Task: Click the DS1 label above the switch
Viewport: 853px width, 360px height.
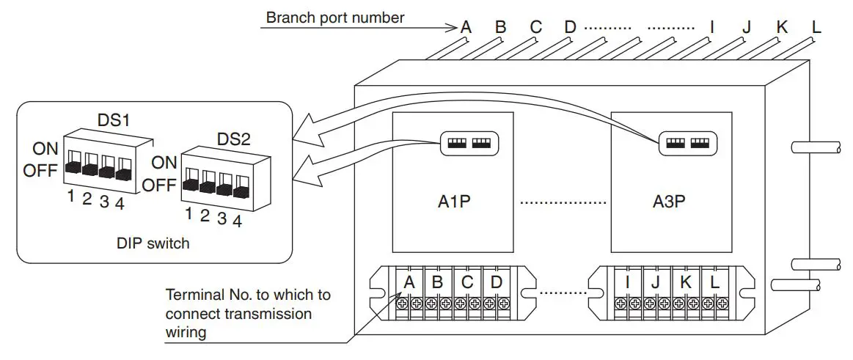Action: (x=113, y=120)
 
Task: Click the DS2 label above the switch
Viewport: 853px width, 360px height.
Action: (x=233, y=139)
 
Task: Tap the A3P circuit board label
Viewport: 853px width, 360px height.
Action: (x=669, y=202)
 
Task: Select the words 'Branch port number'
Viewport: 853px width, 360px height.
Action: (x=335, y=18)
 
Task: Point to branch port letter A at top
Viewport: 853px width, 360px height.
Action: (x=465, y=28)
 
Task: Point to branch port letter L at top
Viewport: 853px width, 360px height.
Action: (x=816, y=28)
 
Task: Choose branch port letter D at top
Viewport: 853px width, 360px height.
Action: (x=570, y=28)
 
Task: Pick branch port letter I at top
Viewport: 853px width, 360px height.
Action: (x=711, y=28)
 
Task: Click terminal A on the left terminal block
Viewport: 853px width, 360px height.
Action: (x=409, y=282)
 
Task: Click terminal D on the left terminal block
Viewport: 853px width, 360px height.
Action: (x=496, y=282)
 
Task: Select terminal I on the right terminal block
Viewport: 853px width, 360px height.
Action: (x=629, y=282)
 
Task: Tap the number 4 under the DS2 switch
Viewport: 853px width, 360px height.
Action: (x=237, y=220)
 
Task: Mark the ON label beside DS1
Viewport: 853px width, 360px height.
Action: (x=45, y=149)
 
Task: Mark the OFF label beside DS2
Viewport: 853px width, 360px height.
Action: (x=159, y=185)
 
